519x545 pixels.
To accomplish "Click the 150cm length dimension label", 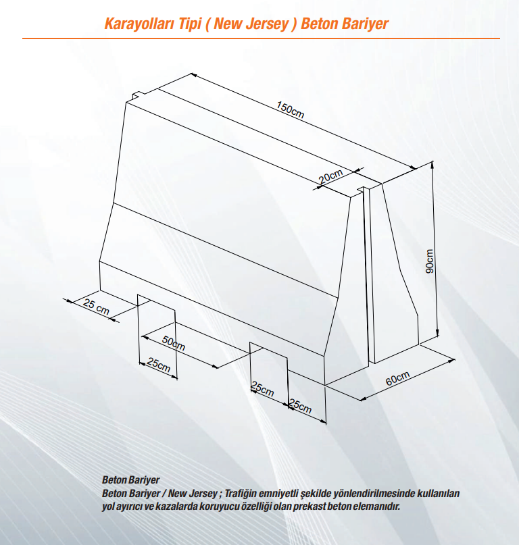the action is click(290, 110).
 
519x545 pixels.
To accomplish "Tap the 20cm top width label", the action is click(331, 176).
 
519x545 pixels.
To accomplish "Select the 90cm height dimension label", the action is click(430, 261).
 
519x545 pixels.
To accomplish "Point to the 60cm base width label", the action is click(397, 378).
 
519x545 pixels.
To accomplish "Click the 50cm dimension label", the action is click(174, 343).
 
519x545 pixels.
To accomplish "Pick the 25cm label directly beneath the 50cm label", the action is click(159, 365).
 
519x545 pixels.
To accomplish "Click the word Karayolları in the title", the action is click(153, 24).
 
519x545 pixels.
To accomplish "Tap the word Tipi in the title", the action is click(191, 24).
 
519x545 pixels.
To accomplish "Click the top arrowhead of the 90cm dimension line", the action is click(432, 164).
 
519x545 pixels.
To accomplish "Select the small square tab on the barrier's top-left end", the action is click(138, 95).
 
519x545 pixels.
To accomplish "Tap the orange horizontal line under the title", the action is click(261, 38).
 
